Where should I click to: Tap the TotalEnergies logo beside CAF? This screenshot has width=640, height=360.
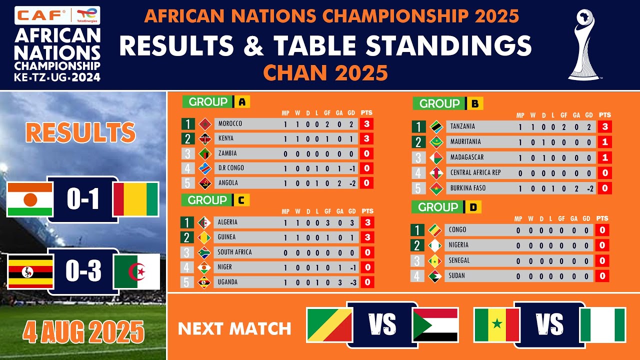tap(87, 15)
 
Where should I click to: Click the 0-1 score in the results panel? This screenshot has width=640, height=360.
tap(83, 199)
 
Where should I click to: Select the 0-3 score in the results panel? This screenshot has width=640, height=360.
tap(83, 270)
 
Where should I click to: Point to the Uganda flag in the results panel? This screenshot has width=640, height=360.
tap(30, 271)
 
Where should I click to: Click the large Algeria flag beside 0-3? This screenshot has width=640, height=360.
tap(137, 271)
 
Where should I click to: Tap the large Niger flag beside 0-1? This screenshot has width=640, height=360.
tap(29, 199)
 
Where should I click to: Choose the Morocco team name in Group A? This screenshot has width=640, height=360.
tap(230, 123)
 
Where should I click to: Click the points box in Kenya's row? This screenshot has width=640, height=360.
tap(366, 139)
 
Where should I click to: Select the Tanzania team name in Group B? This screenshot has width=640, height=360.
tap(462, 126)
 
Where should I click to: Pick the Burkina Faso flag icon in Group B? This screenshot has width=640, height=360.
tap(436, 188)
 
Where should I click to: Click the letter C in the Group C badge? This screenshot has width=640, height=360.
tap(241, 200)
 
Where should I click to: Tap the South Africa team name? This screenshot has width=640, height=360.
tap(234, 252)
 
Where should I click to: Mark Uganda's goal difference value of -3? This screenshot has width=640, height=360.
tap(353, 282)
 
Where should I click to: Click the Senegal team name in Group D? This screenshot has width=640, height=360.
tap(459, 260)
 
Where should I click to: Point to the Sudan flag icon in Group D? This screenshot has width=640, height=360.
tap(435, 276)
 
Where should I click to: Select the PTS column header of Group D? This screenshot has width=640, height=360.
tap(602, 218)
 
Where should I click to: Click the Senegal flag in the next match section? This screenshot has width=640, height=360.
tap(497, 325)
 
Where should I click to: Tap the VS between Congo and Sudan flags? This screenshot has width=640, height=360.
tap(382, 324)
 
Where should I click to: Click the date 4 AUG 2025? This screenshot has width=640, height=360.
tap(83, 331)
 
